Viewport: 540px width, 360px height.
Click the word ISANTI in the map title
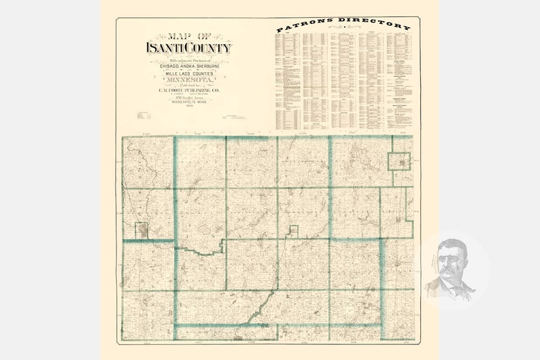pyautogui.click(x=165, y=48)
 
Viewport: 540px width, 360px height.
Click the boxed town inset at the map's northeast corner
pyautogui.click(x=401, y=162)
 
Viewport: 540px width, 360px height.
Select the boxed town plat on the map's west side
pyautogui.click(x=141, y=231)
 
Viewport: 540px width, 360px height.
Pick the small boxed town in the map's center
pyautogui.click(x=294, y=231)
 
